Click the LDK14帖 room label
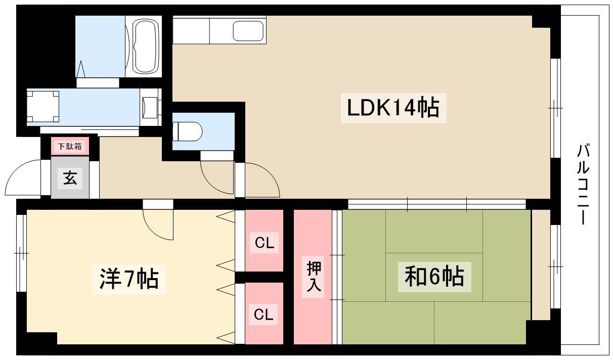tap(393, 108)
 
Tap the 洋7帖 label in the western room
tap(129, 279)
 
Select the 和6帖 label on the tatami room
tap(434, 277)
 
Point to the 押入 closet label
tap(313, 277)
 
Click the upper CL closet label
tap(264, 243)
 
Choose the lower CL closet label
tap(264, 314)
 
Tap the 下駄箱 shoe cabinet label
tap(70, 147)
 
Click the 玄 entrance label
tap(70, 178)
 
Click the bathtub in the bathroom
tap(146, 46)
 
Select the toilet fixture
tap(188, 131)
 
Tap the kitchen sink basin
tap(248, 31)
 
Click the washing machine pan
tap(43, 107)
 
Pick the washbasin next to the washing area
tap(150, 107)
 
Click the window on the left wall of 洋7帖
tap(22, 253)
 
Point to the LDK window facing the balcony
tap(555, 108)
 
